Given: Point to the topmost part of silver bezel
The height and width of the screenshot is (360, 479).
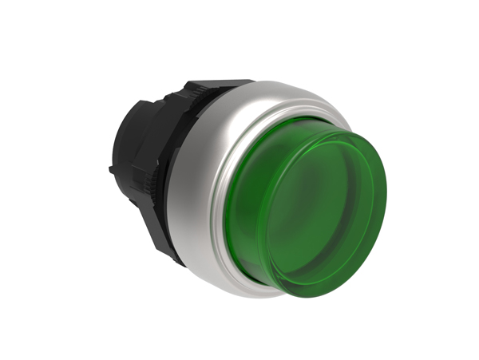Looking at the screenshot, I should [x=263, y=80].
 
